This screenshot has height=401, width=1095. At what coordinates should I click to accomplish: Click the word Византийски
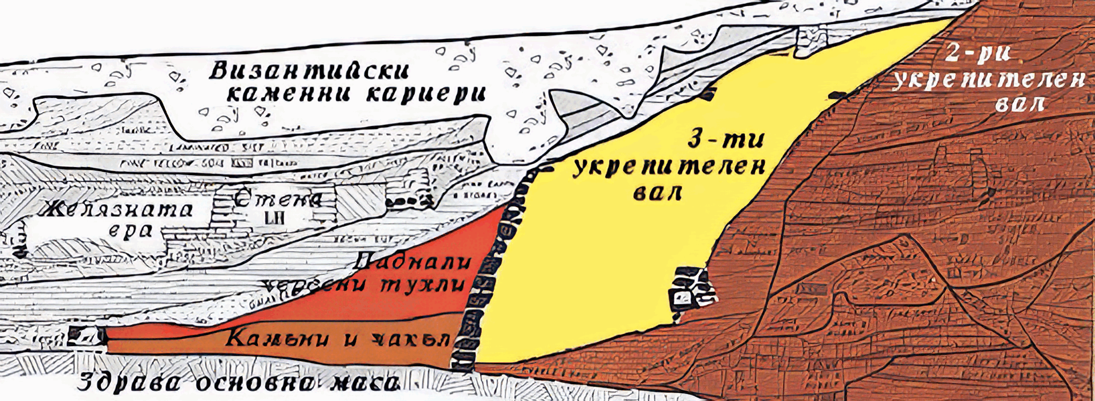[309, 72]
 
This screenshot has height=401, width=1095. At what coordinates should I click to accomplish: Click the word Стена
[278, 199]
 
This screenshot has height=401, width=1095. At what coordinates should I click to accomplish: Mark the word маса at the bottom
[362, 383]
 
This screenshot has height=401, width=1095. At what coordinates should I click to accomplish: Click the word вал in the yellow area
[658, 193]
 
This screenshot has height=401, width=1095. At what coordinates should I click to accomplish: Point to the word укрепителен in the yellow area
[668, 168]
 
